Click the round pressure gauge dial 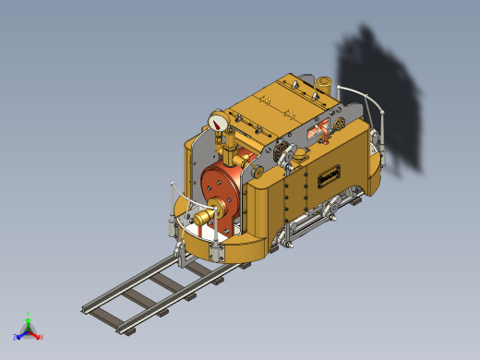click(219, 123)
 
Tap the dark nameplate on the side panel click(329, 175)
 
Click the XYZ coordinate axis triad click(28, 329)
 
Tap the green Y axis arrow click(29, 318)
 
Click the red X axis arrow click(38, 336)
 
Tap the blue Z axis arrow click(18, 335)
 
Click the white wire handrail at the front click(189, 203)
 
